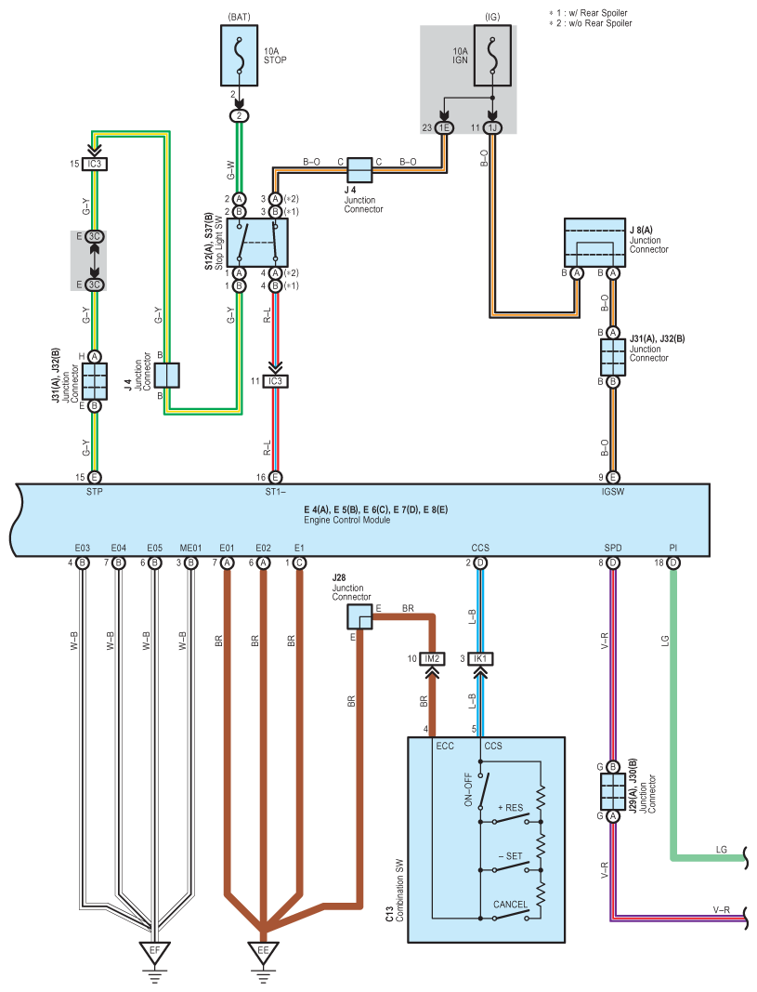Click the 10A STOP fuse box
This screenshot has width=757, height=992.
[239, 56]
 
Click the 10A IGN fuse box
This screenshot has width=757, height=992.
[492, 56]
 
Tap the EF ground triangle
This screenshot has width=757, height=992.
[155, 952]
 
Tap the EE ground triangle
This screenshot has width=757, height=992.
[263, 952]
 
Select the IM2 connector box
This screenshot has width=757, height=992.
[432, 658]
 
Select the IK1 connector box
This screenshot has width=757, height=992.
[480, 658]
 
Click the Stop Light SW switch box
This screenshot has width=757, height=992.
[257, 243]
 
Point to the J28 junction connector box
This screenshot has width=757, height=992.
[359, 616]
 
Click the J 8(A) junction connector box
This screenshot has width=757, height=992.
[594, 243]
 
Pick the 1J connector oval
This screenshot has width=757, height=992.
[492, 127]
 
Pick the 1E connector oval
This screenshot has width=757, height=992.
[444, 127]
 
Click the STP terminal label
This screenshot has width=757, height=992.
[94, 492]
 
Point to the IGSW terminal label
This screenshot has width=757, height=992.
[612, 492]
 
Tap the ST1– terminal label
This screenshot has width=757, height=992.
[275, 492]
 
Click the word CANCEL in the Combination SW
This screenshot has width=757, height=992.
[510, 904]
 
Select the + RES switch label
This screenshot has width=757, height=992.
[511, 807]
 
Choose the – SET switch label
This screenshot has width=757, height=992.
[511, 856]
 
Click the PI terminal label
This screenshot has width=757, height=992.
[673, 548]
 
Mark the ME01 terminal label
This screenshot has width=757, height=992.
[190, 548]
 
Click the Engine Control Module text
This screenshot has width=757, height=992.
[346, 520]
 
